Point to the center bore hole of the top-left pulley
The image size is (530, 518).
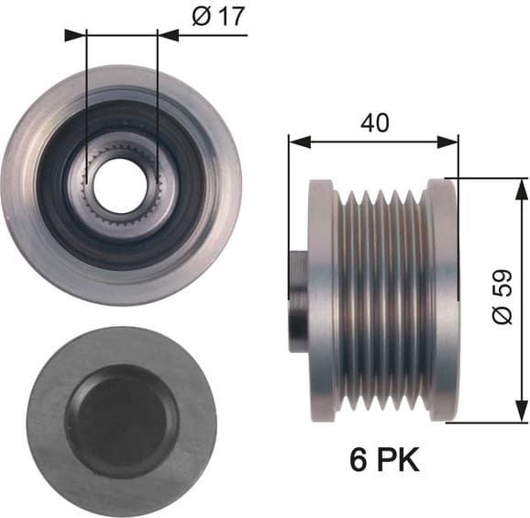pyautogui.click(x=121, y=183)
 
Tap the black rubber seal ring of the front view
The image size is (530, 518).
pyautogui.click(x=69, y=184)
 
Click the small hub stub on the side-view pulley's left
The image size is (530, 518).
pyautogui.click(x=299, y=298)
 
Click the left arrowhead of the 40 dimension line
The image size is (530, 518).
pyautogui.click(x=295, y=141)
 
